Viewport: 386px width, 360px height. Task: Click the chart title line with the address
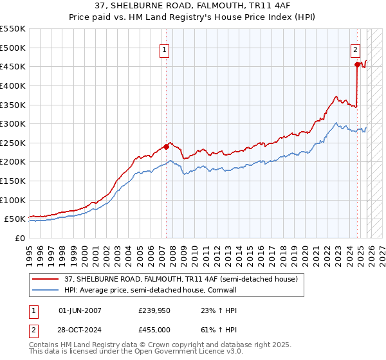coord(193,6)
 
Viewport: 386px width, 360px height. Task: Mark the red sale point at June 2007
coord(166,147)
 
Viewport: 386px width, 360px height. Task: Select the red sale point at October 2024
coord(357,64)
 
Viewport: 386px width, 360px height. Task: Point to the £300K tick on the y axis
coord(13,123)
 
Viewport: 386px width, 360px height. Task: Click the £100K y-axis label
coord(13,200)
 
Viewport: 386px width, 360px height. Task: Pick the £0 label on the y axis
coord(19,238)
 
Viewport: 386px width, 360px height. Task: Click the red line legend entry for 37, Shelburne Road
coord(180,279)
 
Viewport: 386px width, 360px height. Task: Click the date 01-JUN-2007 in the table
coord(80,310)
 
